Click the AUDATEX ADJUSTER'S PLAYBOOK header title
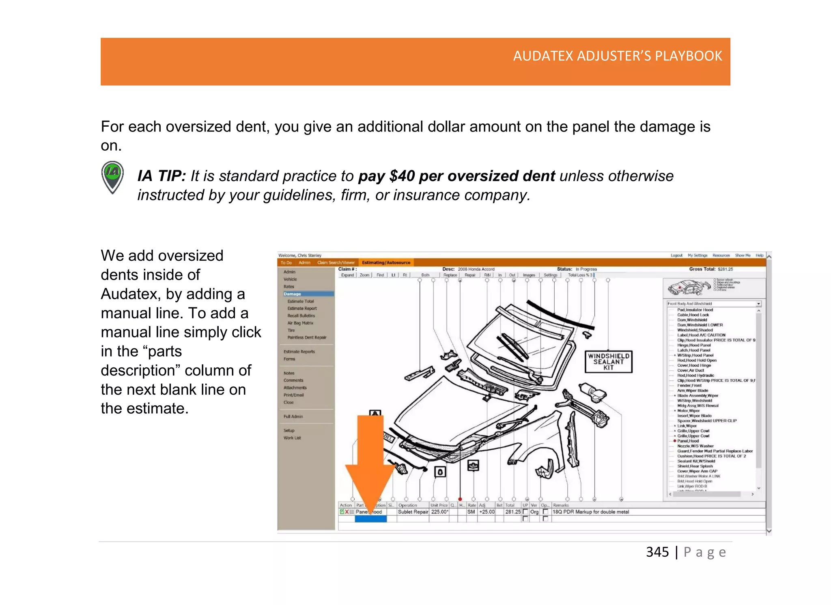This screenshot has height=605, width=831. [x=617, y=56]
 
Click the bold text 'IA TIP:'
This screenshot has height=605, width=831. [x=161, y=176]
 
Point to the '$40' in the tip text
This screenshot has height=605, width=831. [x=401, y=176]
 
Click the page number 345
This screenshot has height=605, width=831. [x=657, y=552]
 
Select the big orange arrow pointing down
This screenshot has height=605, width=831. [x=370, y=463]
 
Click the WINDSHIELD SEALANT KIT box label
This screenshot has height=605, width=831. [x=608, y=361]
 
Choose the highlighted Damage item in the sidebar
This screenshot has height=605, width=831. [x=293, y=294]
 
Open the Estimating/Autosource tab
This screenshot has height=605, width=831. [x=386, y=263]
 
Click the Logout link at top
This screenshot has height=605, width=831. [x=676, y=255]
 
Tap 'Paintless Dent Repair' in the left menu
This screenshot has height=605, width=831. [x=307, y=337]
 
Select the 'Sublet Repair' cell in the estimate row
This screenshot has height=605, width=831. [x=413, y=512]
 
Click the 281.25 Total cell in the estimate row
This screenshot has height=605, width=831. [x=512, y=512]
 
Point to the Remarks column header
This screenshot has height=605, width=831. [x=561, y=506]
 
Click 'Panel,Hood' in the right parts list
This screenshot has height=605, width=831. [x=688, y=441]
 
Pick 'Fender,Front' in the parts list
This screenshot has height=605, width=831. [x=689, y=386]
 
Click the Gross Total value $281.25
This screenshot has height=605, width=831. [x=725, y=269]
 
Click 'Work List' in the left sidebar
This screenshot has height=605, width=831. [x=292, y=438]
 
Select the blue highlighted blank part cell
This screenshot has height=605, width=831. [x=370, y=519]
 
